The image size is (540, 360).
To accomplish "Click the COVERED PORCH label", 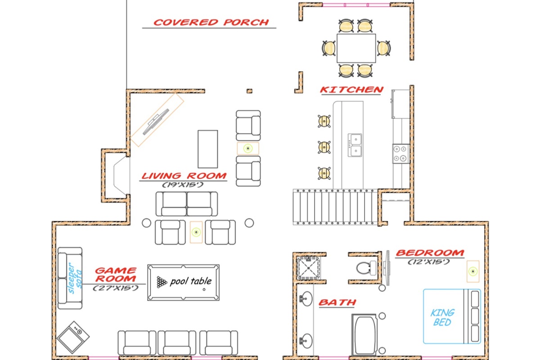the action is [x=211, y=22].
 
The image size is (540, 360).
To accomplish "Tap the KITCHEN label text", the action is [x=351, y=90].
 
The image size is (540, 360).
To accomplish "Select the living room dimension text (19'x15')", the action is [x=183, y=184].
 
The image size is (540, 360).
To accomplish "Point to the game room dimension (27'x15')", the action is [x=116, y=288].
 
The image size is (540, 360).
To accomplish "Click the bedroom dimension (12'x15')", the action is [x=429, y=261].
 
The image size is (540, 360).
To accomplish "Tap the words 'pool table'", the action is [x=191, y=281].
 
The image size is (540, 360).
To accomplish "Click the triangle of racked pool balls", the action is [x=162, y=282].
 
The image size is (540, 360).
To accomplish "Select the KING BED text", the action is [x=442, y=317].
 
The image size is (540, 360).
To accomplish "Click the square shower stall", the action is [x=309, y=268].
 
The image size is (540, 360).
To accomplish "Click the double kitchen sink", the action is [x=355, y=145].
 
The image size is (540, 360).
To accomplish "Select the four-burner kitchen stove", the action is [x=400, y=153].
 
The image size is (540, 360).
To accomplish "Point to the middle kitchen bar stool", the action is [x=324, y=147].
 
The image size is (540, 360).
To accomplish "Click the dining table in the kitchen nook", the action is [x=356, y=48].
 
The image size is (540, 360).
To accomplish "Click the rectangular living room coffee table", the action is [x=208, y=149].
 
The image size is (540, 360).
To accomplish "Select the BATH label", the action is [x=337, y=302].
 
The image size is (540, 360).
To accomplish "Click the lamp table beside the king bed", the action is [x=473, y=271].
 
